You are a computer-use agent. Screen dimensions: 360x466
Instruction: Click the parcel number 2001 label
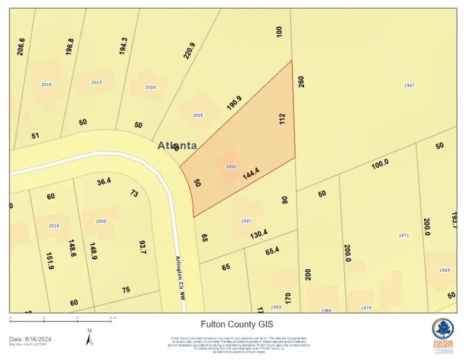[231, 166]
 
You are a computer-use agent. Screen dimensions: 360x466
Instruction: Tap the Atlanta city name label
[177, 146]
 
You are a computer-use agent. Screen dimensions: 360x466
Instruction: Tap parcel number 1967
[409, 85]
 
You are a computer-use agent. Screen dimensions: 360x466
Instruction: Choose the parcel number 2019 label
[46, 85]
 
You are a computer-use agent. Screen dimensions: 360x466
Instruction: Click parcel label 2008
[101, 221]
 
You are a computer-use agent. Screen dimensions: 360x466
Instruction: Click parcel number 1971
[403, 235]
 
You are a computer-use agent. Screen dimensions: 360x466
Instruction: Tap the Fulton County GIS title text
[237, 324]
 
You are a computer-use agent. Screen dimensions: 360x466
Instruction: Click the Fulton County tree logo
[443, 331]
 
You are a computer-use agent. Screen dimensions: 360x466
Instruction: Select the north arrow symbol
[89, 337]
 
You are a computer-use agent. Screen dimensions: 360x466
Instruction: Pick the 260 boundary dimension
[301, 82]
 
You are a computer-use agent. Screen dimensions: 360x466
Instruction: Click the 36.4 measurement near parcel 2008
[104, 181]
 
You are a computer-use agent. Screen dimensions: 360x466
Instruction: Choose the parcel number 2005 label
[198, 115]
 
